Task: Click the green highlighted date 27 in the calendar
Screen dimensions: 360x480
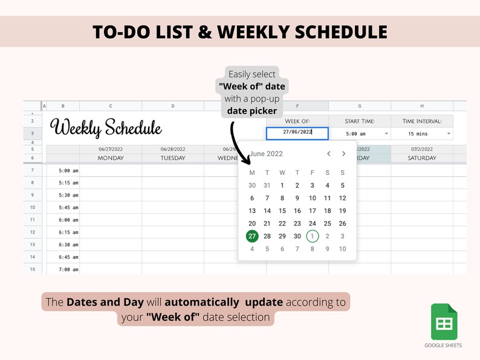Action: (252, 236)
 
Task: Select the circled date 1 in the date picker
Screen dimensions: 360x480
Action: (313, 236)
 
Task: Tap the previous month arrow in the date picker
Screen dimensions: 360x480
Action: (329, 154)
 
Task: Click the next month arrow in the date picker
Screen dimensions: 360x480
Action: (343, 154)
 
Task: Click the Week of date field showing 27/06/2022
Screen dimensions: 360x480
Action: (297, 133)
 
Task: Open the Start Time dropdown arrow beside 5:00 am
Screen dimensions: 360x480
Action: (386, 134)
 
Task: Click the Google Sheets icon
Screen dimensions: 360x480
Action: (444, 322)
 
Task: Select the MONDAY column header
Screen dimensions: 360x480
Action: (111, 158)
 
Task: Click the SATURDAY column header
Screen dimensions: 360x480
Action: (421, 158)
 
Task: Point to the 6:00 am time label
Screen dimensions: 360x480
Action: (68, 220)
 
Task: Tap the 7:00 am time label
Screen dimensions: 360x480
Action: (68, 269)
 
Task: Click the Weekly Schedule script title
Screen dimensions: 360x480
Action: (106, 128)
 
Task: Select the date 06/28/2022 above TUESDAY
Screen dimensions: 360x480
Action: (173, 149)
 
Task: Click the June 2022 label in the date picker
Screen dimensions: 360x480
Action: (266, 154)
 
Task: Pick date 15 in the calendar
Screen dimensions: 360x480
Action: (282, 211)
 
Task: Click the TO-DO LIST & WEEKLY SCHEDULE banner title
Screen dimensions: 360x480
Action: (240, 31)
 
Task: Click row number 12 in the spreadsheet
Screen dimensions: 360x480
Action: (32, 232)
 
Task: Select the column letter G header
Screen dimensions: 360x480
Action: (360, 106)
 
